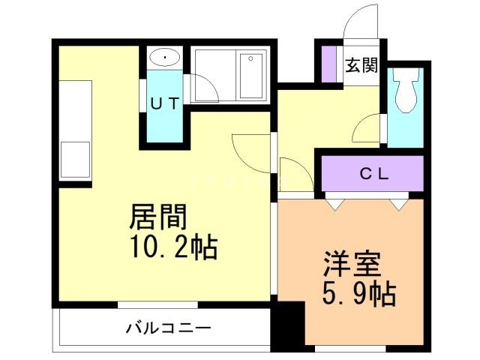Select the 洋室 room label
tap(352, 264)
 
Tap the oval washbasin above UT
tap(163, 57)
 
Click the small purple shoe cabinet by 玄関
tap(328, 64)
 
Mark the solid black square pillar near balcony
tap(289, 326)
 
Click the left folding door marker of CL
tap(335, 202)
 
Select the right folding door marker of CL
tap(398, 202)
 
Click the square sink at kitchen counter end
tap(75, 159)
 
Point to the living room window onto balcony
tap(157, 304)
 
